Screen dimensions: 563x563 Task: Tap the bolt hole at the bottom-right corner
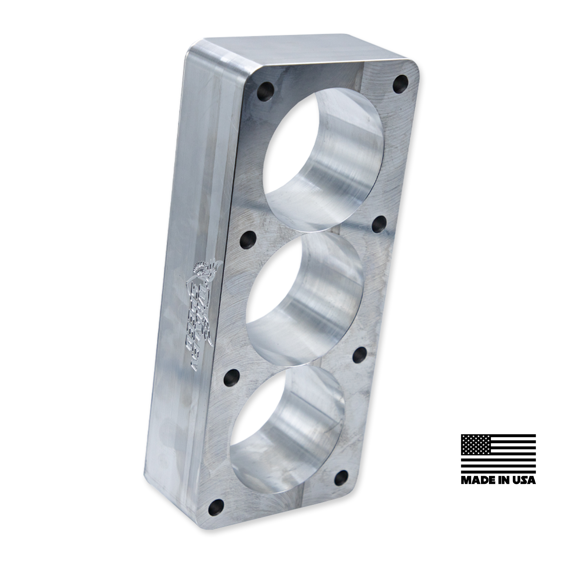coord(340,477)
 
